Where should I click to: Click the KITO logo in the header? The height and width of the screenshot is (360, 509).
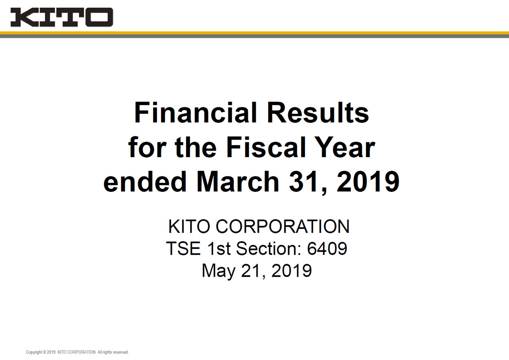(62, 17)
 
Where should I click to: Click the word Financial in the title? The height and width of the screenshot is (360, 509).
(196, 113)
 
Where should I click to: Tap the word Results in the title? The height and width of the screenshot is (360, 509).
(318, 113)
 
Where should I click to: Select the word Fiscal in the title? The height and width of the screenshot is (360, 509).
(266, 147)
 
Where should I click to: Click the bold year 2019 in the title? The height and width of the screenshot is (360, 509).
(368, 182)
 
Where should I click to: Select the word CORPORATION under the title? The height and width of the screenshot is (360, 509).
(283, 227)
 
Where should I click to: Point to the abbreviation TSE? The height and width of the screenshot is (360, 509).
(183, 248)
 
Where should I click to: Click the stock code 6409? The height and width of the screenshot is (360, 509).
(327, 248)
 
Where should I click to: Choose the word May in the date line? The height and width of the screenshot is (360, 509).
(218, 271)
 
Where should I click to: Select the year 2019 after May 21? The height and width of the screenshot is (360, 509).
(292, 271)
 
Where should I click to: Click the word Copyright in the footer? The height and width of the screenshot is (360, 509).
(34, 352)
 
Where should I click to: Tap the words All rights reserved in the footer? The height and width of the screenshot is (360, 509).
(113, 352)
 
